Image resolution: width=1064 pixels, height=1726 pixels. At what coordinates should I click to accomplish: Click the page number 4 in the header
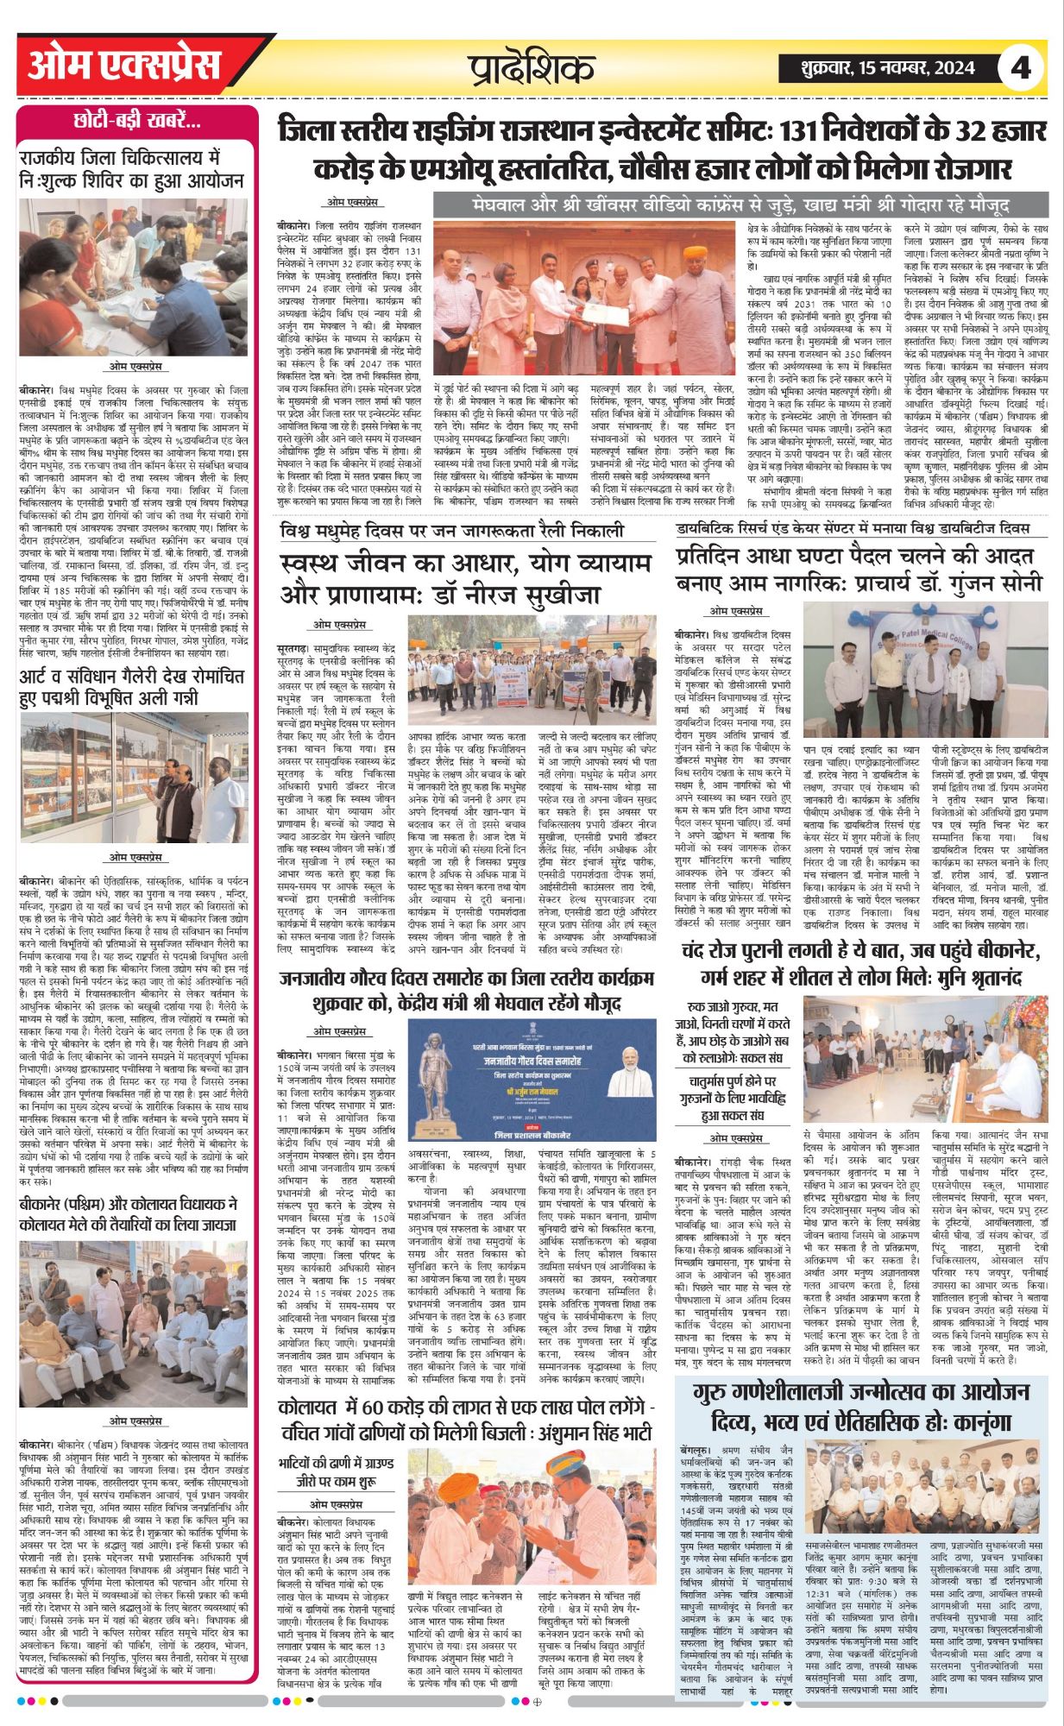click(1020, 67)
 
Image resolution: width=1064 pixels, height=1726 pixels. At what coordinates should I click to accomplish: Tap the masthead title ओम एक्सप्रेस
click(124, 66)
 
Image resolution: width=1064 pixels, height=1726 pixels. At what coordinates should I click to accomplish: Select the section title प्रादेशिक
click(532, 67)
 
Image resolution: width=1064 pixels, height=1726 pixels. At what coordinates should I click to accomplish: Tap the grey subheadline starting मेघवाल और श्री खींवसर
click(740, 205)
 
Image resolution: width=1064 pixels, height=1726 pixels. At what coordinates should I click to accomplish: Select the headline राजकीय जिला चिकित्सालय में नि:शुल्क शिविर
click(134, 170)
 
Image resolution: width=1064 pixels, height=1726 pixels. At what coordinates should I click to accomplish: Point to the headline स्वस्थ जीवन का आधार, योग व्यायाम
click(466, 579)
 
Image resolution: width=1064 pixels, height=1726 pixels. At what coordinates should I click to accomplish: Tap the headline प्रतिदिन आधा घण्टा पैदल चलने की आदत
click(859, 569)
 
